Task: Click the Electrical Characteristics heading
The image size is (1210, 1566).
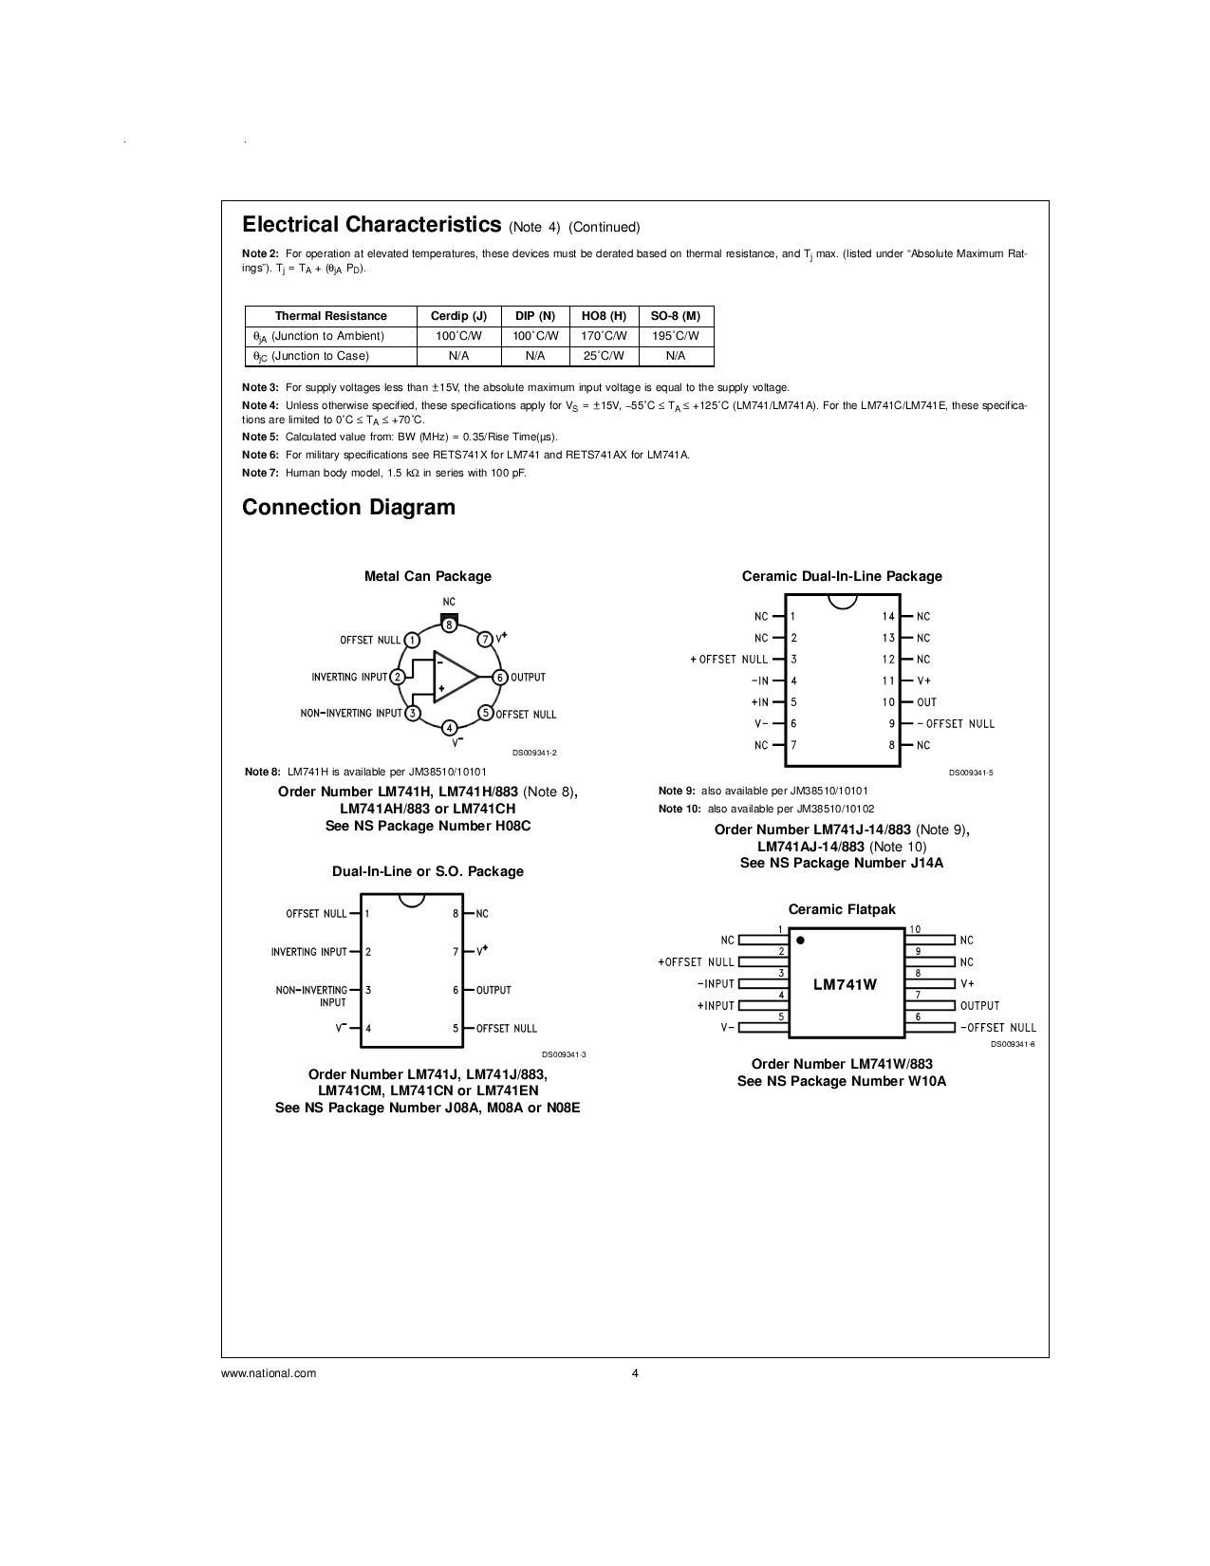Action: coord(371,225)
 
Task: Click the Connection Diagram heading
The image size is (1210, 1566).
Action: coord(348,508)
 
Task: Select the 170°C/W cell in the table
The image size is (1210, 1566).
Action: coord(604,336)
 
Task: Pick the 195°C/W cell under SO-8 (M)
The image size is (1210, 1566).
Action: coord(676,336)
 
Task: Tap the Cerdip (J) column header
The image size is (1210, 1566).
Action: coord(458,316)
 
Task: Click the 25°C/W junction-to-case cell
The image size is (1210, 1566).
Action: coord(604,356)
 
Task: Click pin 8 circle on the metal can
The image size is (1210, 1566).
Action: coord(449,625)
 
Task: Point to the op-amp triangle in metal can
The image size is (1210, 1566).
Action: coord(454,677)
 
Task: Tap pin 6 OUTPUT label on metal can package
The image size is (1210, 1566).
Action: coord(528,677)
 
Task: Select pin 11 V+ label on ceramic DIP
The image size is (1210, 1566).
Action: coord(923,680)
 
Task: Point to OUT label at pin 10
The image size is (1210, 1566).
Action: coord(926,702)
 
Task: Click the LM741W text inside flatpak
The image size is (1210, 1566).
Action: coord(845,984)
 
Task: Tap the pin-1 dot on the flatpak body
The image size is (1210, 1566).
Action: coord(800,941)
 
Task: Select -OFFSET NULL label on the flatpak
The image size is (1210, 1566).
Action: coord(997,1028)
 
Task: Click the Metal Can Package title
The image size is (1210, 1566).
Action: coord(428,576)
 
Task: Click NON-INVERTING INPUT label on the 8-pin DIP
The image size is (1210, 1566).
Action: coord(311,996)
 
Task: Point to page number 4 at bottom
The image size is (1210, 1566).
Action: coord(635,1372)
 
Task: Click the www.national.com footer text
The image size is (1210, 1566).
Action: coord(269,1372)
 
